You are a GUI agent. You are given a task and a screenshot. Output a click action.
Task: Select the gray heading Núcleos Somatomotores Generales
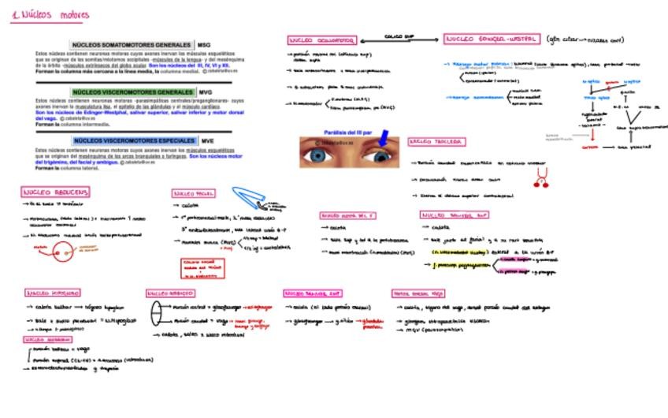tap(132, 45)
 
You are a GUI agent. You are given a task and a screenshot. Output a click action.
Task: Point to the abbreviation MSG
tap(204, 45)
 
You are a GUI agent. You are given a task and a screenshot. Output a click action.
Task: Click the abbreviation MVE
tap(207, 140)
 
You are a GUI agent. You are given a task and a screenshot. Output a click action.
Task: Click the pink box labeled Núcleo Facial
tap(193, 193)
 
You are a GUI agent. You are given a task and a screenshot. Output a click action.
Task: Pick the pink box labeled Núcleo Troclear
tap(436, 142)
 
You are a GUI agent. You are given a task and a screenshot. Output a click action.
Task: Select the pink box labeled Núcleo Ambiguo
tap(170, 293)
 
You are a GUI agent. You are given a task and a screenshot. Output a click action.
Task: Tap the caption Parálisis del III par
tap(346, 132)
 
